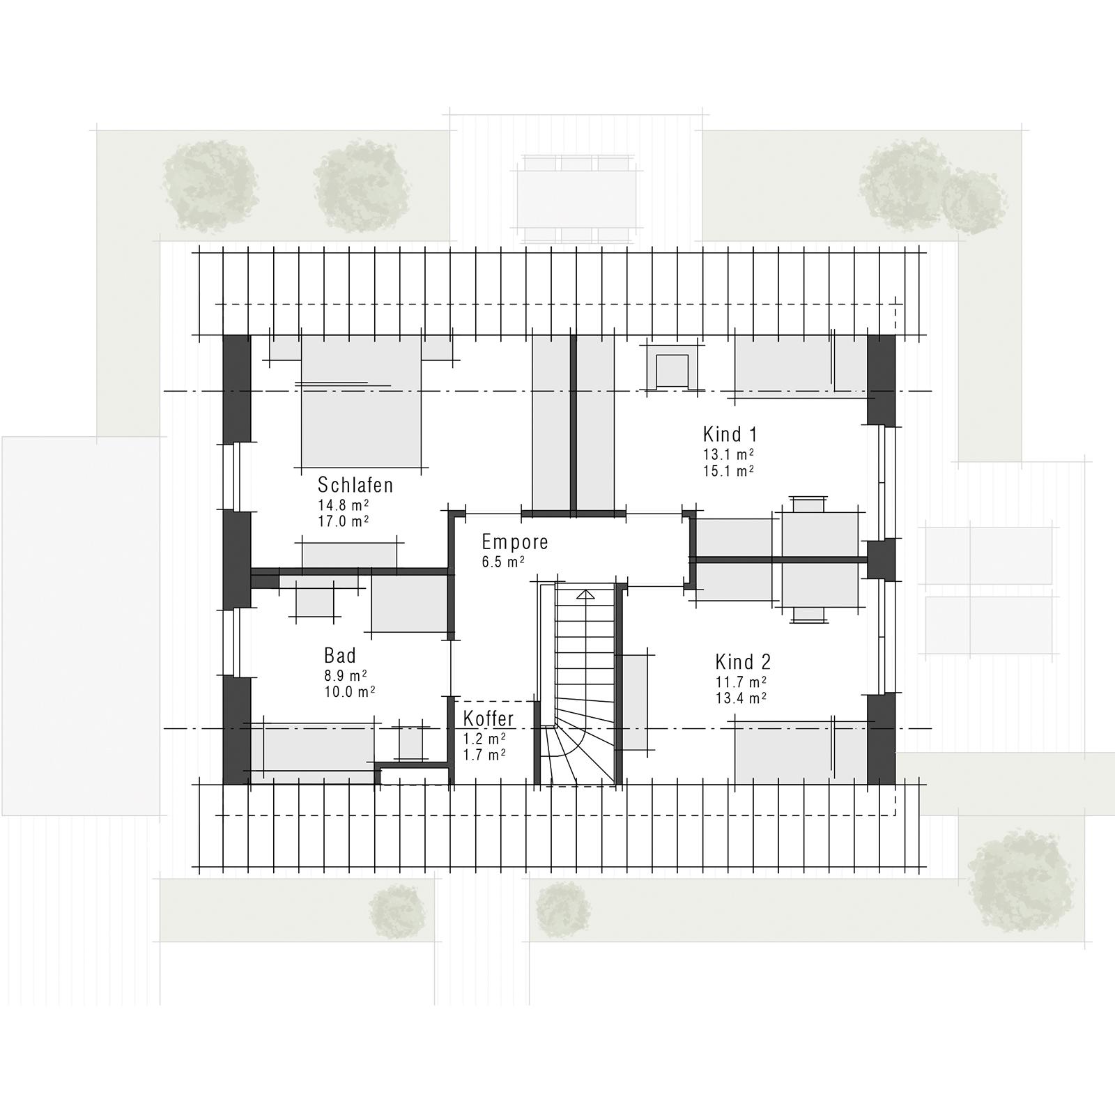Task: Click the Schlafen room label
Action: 355,485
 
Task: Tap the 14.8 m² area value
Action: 343,505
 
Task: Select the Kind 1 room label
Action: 730,435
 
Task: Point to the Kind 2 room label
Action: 743,662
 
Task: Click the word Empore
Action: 515,542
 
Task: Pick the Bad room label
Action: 340,656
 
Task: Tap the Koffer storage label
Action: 489,718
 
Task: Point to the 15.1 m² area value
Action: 729,471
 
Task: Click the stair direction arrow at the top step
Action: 585,594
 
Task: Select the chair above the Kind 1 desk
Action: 808,503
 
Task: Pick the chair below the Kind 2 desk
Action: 808,614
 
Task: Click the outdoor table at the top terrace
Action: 576,199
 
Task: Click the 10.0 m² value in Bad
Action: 349,692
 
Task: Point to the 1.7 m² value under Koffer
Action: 484,754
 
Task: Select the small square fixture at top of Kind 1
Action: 672,369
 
